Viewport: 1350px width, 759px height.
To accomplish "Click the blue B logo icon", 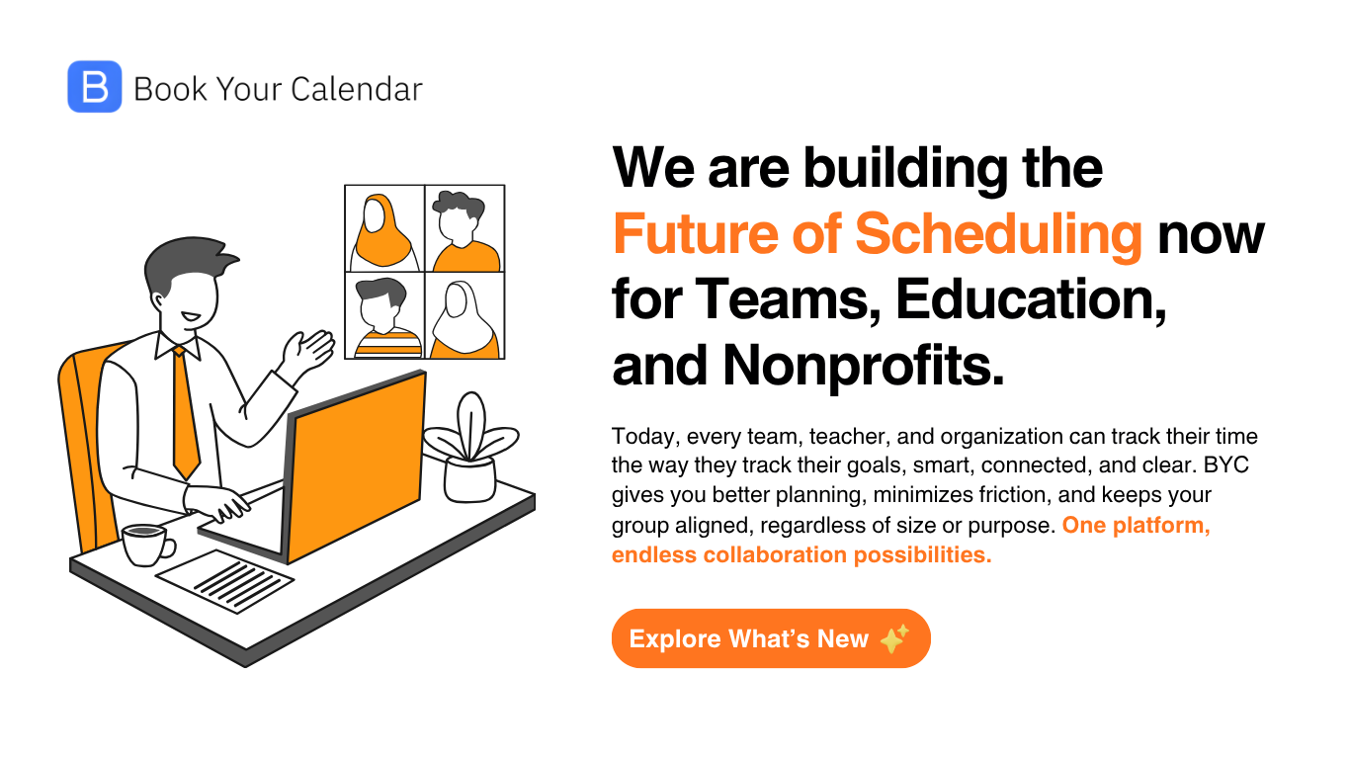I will point(95,87).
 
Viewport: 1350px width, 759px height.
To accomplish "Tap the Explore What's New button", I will point(770,638).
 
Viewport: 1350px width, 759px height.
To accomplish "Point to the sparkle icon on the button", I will point(894,638).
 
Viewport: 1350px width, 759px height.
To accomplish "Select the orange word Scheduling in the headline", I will point(998,234).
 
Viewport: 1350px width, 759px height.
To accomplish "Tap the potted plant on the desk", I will point(470,450).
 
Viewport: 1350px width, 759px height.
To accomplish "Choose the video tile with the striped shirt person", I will point(384,315).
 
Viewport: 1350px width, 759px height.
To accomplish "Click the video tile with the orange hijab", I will point(384,228).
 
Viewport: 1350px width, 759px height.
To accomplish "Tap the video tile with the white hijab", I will point(464,315).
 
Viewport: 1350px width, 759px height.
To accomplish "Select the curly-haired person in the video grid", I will point(464,228).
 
